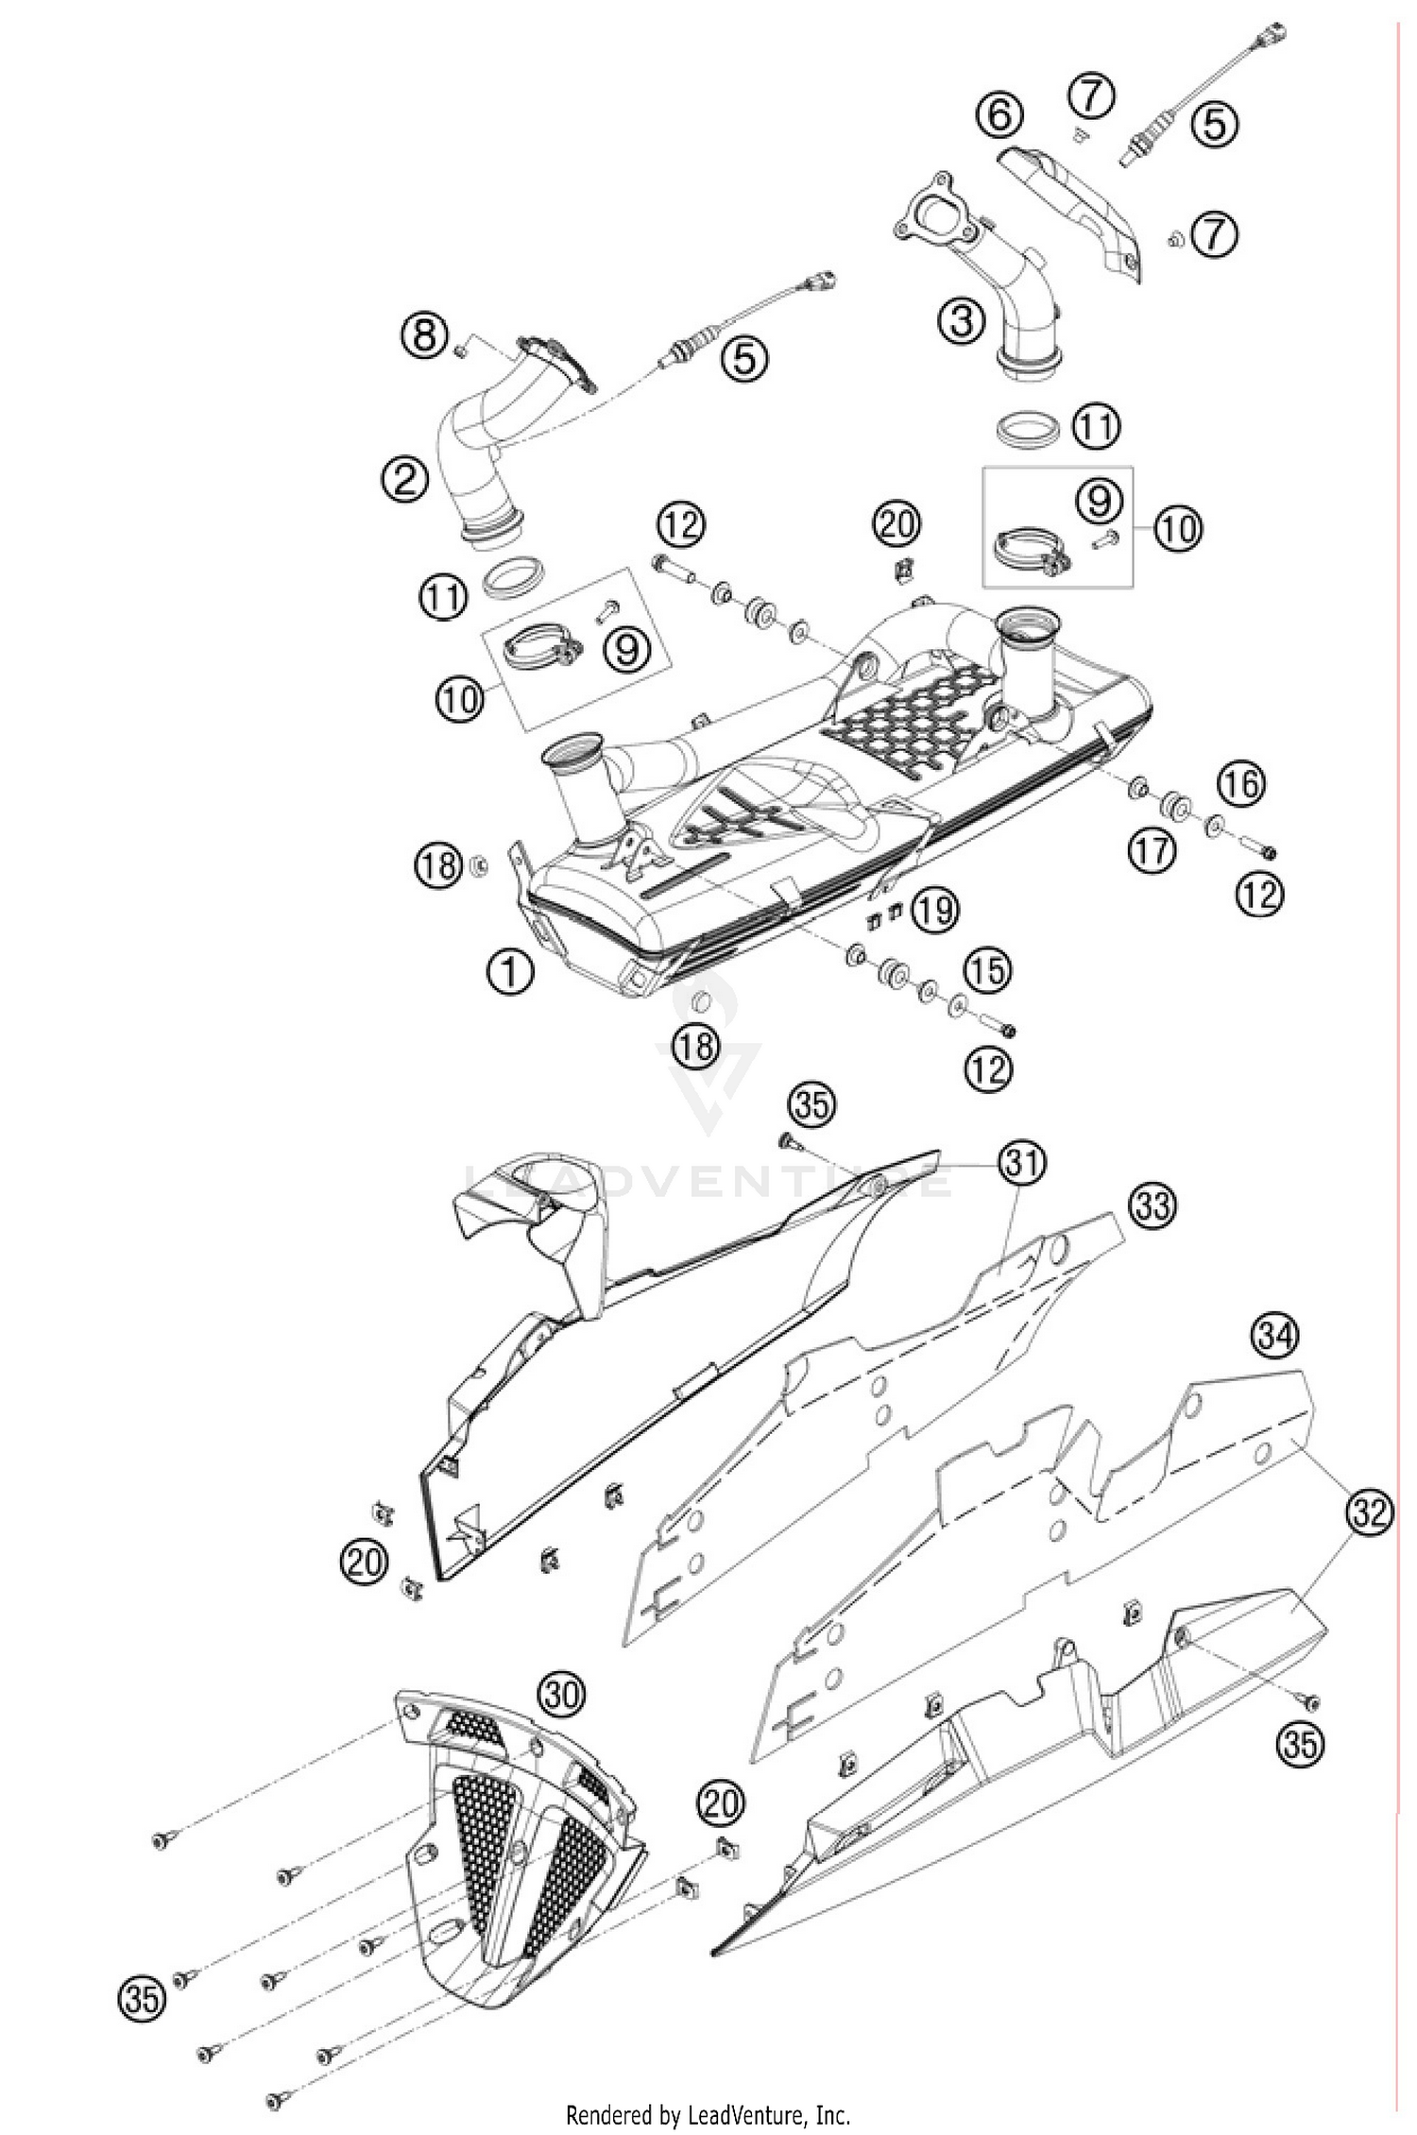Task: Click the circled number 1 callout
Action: [510, 969]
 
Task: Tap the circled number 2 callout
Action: [405, 481]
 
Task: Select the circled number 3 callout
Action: [961, 321]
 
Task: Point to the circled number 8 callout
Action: [424, 335]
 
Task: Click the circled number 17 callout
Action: [1152, 850]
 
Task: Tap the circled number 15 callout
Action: [987, 970]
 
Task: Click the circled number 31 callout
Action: [1023, 1164]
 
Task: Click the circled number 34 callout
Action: [1276, 1335]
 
